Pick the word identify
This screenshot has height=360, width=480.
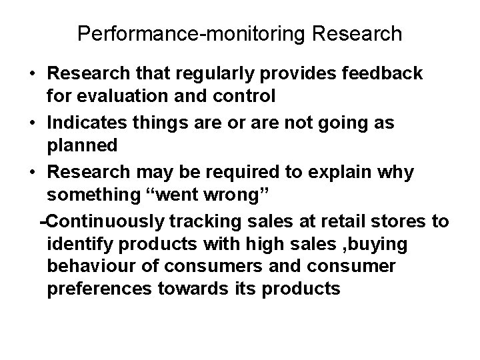pyautogui.click(x=74, y=245)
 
